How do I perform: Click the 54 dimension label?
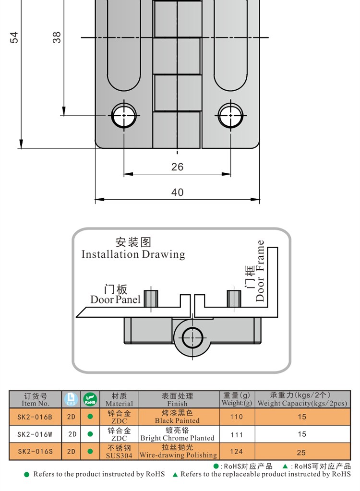14,37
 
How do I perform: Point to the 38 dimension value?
57,37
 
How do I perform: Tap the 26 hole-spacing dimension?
177,167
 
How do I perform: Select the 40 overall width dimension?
177,192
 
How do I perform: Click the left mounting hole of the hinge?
124,115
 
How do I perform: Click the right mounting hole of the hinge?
231,115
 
